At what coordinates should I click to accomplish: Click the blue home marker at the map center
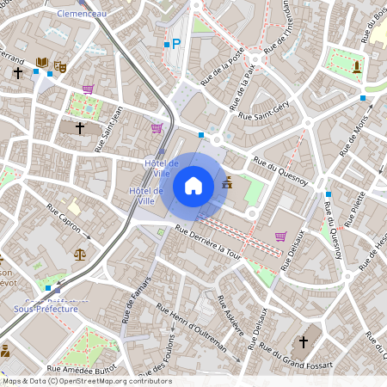pos(193,186)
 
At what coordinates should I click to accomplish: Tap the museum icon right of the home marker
pos(227,182)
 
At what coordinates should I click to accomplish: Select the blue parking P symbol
pos(176,43)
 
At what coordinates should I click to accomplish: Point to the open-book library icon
pos(42,63)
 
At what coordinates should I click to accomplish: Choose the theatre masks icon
pos(59,65)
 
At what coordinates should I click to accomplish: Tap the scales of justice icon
pos(80,255)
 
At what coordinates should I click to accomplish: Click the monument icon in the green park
pos(357,65)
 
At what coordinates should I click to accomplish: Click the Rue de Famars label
pos(136,301)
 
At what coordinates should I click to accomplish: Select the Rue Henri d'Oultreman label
pos(191,330)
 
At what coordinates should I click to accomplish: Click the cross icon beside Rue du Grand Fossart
pos(302,342)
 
